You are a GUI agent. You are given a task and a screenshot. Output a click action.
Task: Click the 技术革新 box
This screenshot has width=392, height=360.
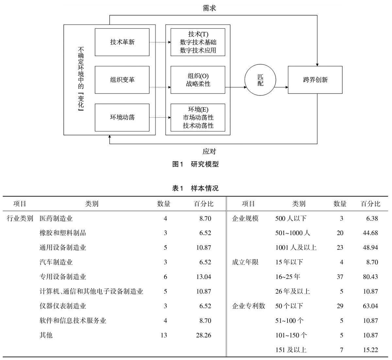tap(122, 42)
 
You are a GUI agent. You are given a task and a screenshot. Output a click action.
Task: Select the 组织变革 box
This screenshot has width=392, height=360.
tap(122, 80)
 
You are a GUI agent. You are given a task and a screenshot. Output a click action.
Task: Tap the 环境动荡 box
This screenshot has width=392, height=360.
tap(122, 117)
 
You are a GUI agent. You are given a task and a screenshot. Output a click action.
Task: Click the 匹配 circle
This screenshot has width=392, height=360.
tap(260, 80)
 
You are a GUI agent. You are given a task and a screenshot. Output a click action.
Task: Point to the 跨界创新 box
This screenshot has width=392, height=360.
tap(315, 80)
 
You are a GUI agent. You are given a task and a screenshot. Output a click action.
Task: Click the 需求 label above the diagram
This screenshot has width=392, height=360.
tap(209, 8)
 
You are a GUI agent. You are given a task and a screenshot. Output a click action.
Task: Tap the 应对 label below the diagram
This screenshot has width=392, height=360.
tap(209, 152)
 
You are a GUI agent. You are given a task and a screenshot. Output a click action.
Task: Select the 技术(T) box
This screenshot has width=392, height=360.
tap(198, 42)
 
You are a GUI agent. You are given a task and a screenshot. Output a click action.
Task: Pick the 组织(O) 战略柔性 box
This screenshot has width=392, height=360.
tap(198, 80)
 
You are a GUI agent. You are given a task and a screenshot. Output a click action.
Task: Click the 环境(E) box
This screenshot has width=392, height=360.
tap(198, 117)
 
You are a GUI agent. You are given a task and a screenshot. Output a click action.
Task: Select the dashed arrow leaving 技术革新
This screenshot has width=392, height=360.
tap(160, 42)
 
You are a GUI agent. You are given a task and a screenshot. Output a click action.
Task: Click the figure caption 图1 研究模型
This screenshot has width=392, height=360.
tap(195, 164)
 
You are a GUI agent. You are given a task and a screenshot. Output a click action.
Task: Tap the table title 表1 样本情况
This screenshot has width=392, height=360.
tap(195, 188)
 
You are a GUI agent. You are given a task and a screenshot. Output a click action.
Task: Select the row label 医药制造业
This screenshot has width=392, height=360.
tap(56, 218)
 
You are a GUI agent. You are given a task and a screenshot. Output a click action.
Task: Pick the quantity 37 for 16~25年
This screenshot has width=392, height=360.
tap(340, 277)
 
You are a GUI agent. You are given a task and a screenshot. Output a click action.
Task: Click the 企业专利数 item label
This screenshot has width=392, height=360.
tap(248, 306)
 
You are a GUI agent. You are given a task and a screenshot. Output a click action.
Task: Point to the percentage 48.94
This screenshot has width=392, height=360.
tap(370, 248)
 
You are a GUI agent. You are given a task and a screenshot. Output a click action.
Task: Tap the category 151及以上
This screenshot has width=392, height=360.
tap(291, 350)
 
